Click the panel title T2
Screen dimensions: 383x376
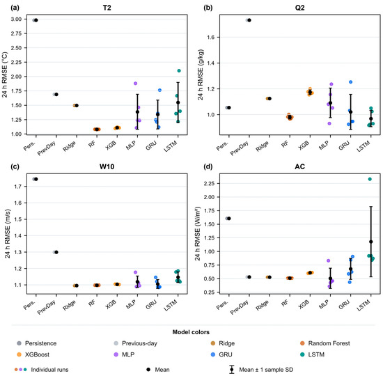[107, 8]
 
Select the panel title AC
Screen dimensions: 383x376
[299, 166]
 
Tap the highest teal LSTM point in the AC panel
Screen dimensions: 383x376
[370, 179]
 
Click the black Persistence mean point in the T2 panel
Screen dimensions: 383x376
[36, 20]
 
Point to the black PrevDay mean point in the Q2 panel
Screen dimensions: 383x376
[249, 20]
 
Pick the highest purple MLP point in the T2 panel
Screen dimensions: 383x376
[135, 84]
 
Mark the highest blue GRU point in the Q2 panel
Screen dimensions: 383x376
[350, 82]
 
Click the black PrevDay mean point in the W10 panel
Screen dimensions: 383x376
[56, 252]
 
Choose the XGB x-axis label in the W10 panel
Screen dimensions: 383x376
[111, 304]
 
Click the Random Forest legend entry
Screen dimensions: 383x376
[325, 343]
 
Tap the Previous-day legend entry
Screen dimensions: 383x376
[136, 343]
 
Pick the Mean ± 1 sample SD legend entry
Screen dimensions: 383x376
[261, 370]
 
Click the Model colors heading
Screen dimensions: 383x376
[191, 332]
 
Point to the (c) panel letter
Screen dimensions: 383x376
[15, 166]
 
